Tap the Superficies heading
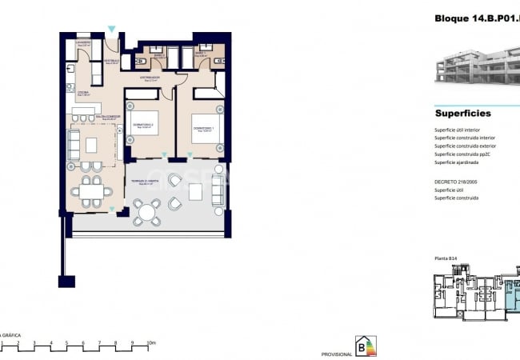[462, 114]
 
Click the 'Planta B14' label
[446, 258]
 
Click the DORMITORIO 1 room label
[202, 128]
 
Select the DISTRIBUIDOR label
[150, 78]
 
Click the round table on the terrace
[146, 213]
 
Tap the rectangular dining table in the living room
[90, 191]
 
